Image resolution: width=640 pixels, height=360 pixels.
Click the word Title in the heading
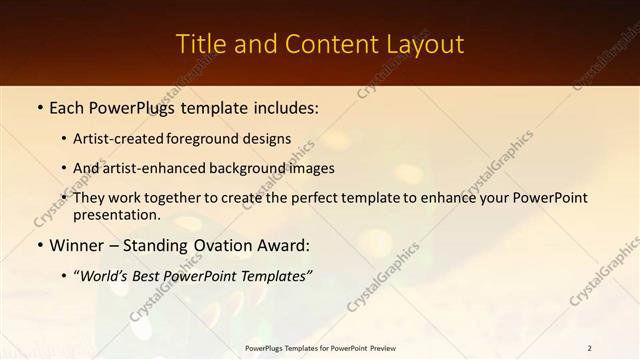tap(198, 45)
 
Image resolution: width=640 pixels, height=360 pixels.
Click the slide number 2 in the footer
tap(589, 348)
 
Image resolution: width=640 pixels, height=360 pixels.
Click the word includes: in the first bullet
tap(281, 105)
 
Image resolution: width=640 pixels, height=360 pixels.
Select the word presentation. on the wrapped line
tap(116, 214)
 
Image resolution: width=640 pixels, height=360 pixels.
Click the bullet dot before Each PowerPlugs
tap(39, 106)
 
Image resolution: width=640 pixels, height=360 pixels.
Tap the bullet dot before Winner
tap(39, 245)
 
